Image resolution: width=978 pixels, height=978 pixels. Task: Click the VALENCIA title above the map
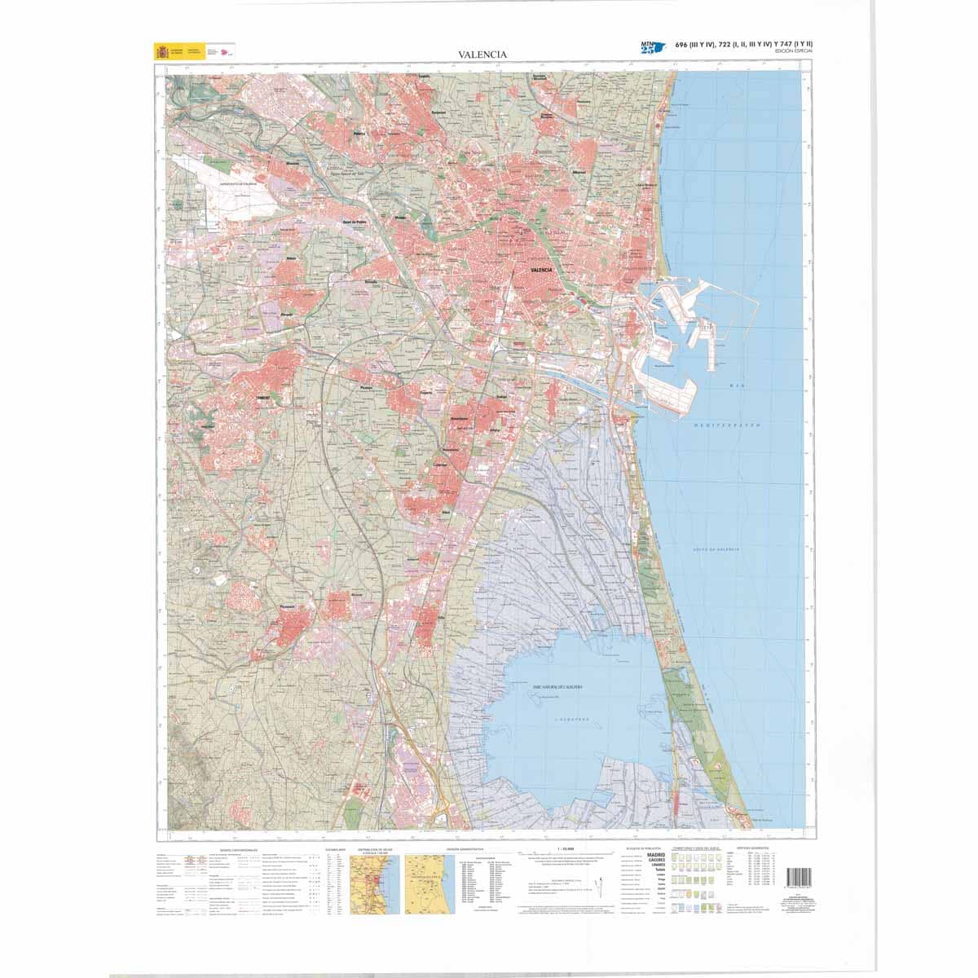482,55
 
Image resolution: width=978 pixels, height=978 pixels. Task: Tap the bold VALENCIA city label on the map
541,270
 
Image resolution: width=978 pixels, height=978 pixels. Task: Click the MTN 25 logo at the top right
652,46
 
